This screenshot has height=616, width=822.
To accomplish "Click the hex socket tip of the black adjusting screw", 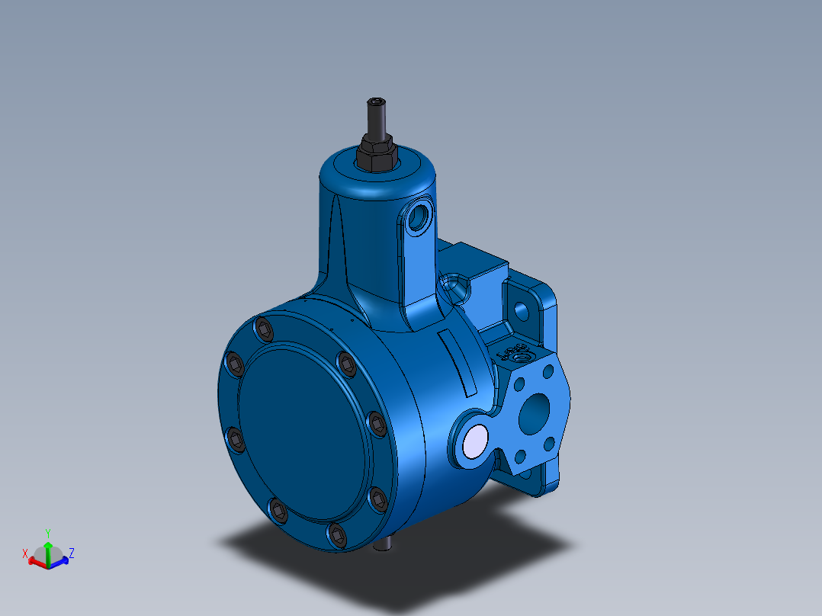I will click(x=377, y=102).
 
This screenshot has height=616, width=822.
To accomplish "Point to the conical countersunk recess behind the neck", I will click(x=454, y=287).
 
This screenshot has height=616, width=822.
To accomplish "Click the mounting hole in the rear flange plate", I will click(x=522, y=310).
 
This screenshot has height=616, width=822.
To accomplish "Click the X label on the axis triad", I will click(x=25, y=553).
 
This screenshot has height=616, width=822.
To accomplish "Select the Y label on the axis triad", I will click(x=47, y=532).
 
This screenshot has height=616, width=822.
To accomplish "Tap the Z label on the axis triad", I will click(x=71, y=552).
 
